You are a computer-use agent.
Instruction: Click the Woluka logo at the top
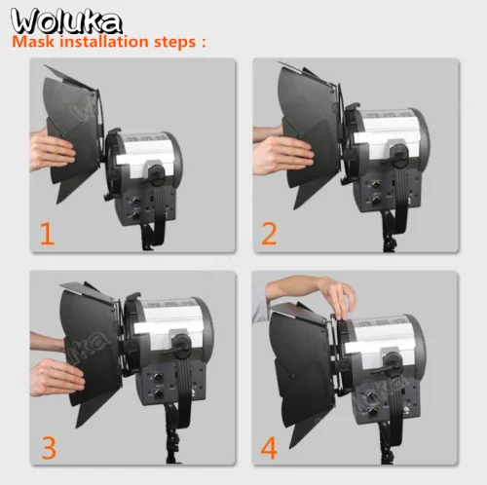[66, 20]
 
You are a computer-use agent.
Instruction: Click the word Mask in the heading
[33, 42]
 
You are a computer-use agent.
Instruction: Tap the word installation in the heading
[104, 42]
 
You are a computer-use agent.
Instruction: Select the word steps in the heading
[174, 43]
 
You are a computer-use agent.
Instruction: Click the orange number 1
[47, 233]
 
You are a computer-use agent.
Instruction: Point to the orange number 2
[269, 233]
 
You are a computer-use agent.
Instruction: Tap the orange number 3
[49, 448]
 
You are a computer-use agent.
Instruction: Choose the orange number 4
[269, 448]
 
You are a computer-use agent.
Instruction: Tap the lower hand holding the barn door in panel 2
[281, 157]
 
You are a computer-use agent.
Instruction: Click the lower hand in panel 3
[56, 377]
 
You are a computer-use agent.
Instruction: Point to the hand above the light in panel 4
[339, 297]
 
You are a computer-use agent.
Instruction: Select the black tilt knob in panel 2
[399, 153]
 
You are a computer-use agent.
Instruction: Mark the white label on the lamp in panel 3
[170, 324]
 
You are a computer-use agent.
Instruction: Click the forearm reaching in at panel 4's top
[292, 287]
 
